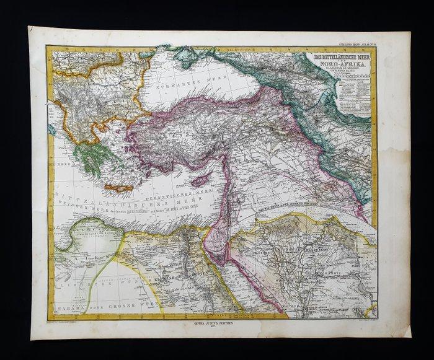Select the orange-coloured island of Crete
[118, 187]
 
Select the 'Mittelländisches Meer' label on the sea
[112, 204]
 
